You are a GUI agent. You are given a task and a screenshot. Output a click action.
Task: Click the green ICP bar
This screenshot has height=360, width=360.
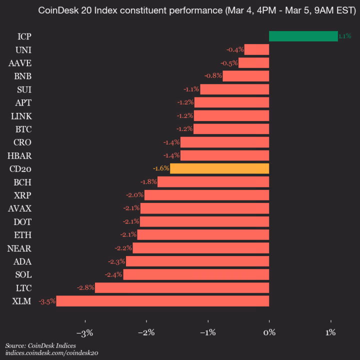[x=303, y=36]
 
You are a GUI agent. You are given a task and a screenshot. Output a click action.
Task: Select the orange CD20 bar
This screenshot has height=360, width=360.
[x=219, y=168]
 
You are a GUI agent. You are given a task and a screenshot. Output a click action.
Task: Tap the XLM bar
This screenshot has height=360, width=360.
[x=162, y=301]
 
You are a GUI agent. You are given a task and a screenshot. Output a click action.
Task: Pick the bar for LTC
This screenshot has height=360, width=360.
[x=182, y=287]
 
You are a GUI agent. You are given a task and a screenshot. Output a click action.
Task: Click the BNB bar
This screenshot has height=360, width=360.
[x=245, y=76]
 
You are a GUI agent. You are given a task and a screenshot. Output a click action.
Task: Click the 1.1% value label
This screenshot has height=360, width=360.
[x=344, y=36]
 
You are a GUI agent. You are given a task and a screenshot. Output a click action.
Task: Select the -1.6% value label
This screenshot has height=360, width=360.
[x=161, y=168]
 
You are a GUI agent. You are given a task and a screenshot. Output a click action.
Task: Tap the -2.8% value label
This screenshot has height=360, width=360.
[x=85, y=287]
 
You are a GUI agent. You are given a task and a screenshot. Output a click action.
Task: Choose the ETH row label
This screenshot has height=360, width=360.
[x=22, y=234]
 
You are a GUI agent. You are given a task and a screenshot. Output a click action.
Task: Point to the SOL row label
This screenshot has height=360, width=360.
[x=22, y=274]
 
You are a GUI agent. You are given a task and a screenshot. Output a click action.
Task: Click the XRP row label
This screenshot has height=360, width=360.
[x=22, y=195]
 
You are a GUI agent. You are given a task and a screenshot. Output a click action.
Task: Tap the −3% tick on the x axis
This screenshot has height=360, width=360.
[x=85, y=332]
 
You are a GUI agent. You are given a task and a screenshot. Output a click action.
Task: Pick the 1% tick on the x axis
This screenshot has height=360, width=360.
[x=330, y=332]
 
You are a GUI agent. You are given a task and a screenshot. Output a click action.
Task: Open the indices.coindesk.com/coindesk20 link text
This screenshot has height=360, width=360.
[x=51, y=353]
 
